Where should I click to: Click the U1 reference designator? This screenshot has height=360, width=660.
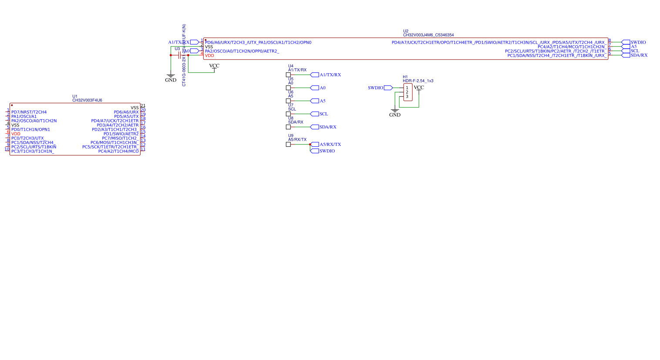coord(75,96)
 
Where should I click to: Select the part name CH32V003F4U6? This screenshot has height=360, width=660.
coord(87,101)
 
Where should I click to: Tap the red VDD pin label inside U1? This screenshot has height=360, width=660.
coord(16,134)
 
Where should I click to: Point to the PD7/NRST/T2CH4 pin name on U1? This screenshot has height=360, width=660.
coord(29,112)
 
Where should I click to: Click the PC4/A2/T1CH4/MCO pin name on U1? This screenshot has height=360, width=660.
coord(118,151)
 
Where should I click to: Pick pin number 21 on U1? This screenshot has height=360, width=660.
coord(143,106)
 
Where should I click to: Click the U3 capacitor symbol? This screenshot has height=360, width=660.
coord(179,55)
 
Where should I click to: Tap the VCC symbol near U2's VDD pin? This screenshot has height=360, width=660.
coord(214,66)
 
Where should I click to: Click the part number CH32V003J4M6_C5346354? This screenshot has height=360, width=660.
coord(428,35)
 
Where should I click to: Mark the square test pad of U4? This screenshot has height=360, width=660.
coord(288,75)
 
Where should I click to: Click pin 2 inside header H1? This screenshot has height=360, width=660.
coord(407,92)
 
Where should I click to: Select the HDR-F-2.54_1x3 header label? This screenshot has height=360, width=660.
coord(418,81)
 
